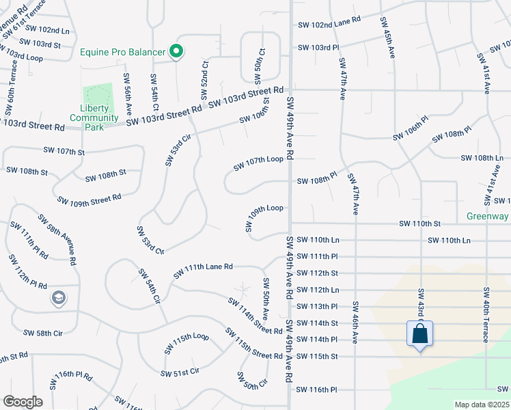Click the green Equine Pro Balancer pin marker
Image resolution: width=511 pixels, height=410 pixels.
[176, 52]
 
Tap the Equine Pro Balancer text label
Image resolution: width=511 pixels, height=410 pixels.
[123, 52]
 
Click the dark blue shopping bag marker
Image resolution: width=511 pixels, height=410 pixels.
[419, 335]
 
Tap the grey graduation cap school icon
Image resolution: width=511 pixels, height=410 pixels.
[59, 298]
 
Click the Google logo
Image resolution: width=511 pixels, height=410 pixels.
[23, 402]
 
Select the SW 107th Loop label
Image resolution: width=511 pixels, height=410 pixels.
[258, 163]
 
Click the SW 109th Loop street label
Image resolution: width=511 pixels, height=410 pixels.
[264, 216]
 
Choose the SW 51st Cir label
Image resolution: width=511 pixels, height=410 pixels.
[180, 372]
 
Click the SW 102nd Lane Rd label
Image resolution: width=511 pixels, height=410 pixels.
[329, 24]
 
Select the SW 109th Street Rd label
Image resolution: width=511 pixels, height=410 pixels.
[89, 199]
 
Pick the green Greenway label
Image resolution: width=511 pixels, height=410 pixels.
[488, 216]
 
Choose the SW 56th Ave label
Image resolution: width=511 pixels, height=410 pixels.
[128, 94]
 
